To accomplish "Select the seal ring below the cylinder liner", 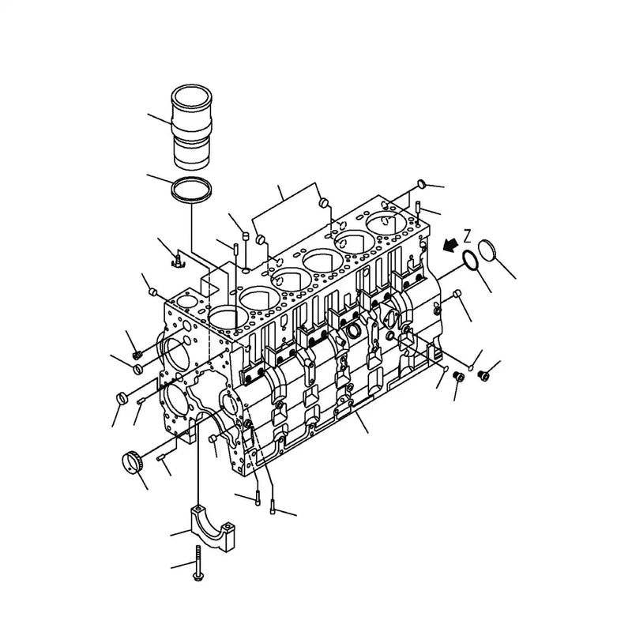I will click(193, 192).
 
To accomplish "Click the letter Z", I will click(468, 235).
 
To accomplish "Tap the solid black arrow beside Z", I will click(451, 246).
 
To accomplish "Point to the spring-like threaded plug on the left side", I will click(137, 355).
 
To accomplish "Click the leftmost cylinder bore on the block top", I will click(225, 318).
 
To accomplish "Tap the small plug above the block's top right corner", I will click(420, 185).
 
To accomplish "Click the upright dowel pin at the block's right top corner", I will click(416, 209).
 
